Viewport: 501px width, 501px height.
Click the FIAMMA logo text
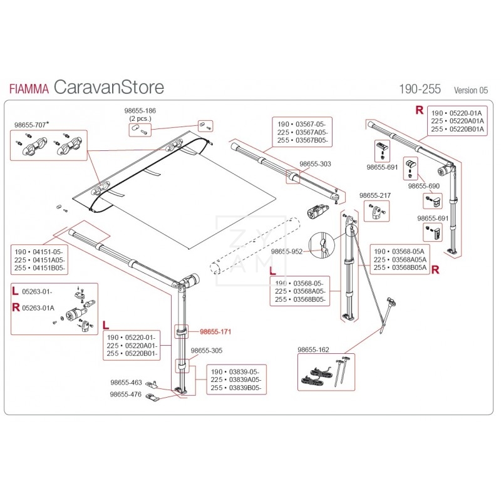pos(29,88)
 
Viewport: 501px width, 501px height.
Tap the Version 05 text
pos(470,90)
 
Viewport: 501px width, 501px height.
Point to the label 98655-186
pos(142,111)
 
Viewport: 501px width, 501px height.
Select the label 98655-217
pos(374,196)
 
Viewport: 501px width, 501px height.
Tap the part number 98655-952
pos(287,251)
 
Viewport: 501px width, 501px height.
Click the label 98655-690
pos(424,187)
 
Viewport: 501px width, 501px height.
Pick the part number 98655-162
pos(313,349)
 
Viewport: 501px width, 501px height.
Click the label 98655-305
pos(206,351)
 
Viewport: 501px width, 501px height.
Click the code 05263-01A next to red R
pos(38,307)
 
